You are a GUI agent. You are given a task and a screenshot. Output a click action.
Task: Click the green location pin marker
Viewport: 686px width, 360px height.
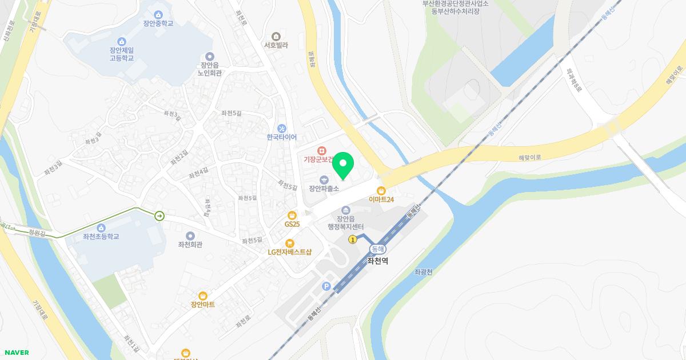(x=342, y=166)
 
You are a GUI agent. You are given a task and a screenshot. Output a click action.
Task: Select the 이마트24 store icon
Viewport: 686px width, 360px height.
(x=381, y=190)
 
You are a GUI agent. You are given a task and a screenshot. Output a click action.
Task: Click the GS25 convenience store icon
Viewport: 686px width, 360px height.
(x=292, y=215)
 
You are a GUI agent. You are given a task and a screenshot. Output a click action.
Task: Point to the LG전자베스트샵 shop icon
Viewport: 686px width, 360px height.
(x=289, y=243)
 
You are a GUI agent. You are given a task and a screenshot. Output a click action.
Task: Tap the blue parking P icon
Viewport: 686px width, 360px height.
(x=326, y=286)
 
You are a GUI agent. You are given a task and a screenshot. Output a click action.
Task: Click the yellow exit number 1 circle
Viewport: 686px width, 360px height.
(x=353, y=240)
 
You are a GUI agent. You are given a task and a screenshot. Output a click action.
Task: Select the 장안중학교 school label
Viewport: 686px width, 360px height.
(x=158, y=23)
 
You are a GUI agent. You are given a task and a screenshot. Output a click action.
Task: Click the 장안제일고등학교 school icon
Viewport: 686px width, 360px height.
(x=121, y=41)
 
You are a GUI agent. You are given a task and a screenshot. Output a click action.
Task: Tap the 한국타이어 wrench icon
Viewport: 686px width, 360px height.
(x=281, y=128)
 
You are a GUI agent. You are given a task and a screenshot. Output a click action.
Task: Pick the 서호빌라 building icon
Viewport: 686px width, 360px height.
(x=276, y=36)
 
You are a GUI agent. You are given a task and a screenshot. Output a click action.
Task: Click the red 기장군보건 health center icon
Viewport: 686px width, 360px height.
(x=322, y=150)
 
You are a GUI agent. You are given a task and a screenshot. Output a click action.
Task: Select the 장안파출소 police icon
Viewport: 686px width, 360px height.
(x=324, y=179)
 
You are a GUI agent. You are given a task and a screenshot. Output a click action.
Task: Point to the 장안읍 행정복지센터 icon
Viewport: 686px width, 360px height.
(x=345, y=210)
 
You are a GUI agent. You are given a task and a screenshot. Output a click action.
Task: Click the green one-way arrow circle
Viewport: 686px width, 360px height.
(x=159, y=215)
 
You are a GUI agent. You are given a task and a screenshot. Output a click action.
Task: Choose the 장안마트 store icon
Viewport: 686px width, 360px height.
(x=202, y=295)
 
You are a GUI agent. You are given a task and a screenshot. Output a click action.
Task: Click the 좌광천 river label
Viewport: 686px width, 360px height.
(x=423, y=273)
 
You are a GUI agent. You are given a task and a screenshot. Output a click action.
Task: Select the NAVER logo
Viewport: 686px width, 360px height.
(x=15, y=353)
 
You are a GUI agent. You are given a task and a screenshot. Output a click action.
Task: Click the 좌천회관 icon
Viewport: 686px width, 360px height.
(x=190, y=235)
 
